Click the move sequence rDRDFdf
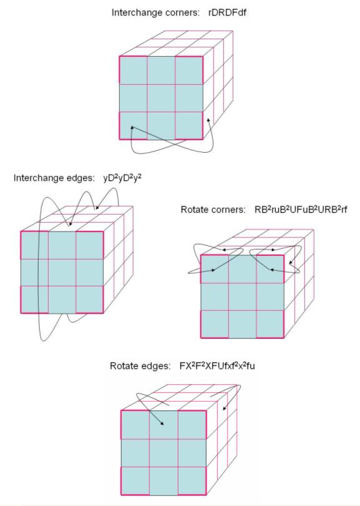pos(228,12)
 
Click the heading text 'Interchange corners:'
pos(155,12)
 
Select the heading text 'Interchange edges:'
pos(54,178)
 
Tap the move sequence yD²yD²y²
pos(122,178)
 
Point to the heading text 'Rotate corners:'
pos(213,210)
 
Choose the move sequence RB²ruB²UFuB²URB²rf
pos(301,210)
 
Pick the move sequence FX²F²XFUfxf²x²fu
pos(217,366)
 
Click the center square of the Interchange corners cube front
pos(162,98)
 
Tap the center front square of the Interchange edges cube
pos(62,273)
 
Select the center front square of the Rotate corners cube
pos(243,297)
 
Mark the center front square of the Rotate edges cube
pos(163,453)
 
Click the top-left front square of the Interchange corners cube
pos(134,71)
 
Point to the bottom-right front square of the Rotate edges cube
pos(192,481)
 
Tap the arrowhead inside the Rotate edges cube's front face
pos(162,424)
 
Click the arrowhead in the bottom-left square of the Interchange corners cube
pos(132,127)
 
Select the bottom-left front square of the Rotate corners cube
pos(215,324)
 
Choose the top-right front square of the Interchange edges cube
pos(90,245)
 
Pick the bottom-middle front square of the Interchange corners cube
pos(162,125)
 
